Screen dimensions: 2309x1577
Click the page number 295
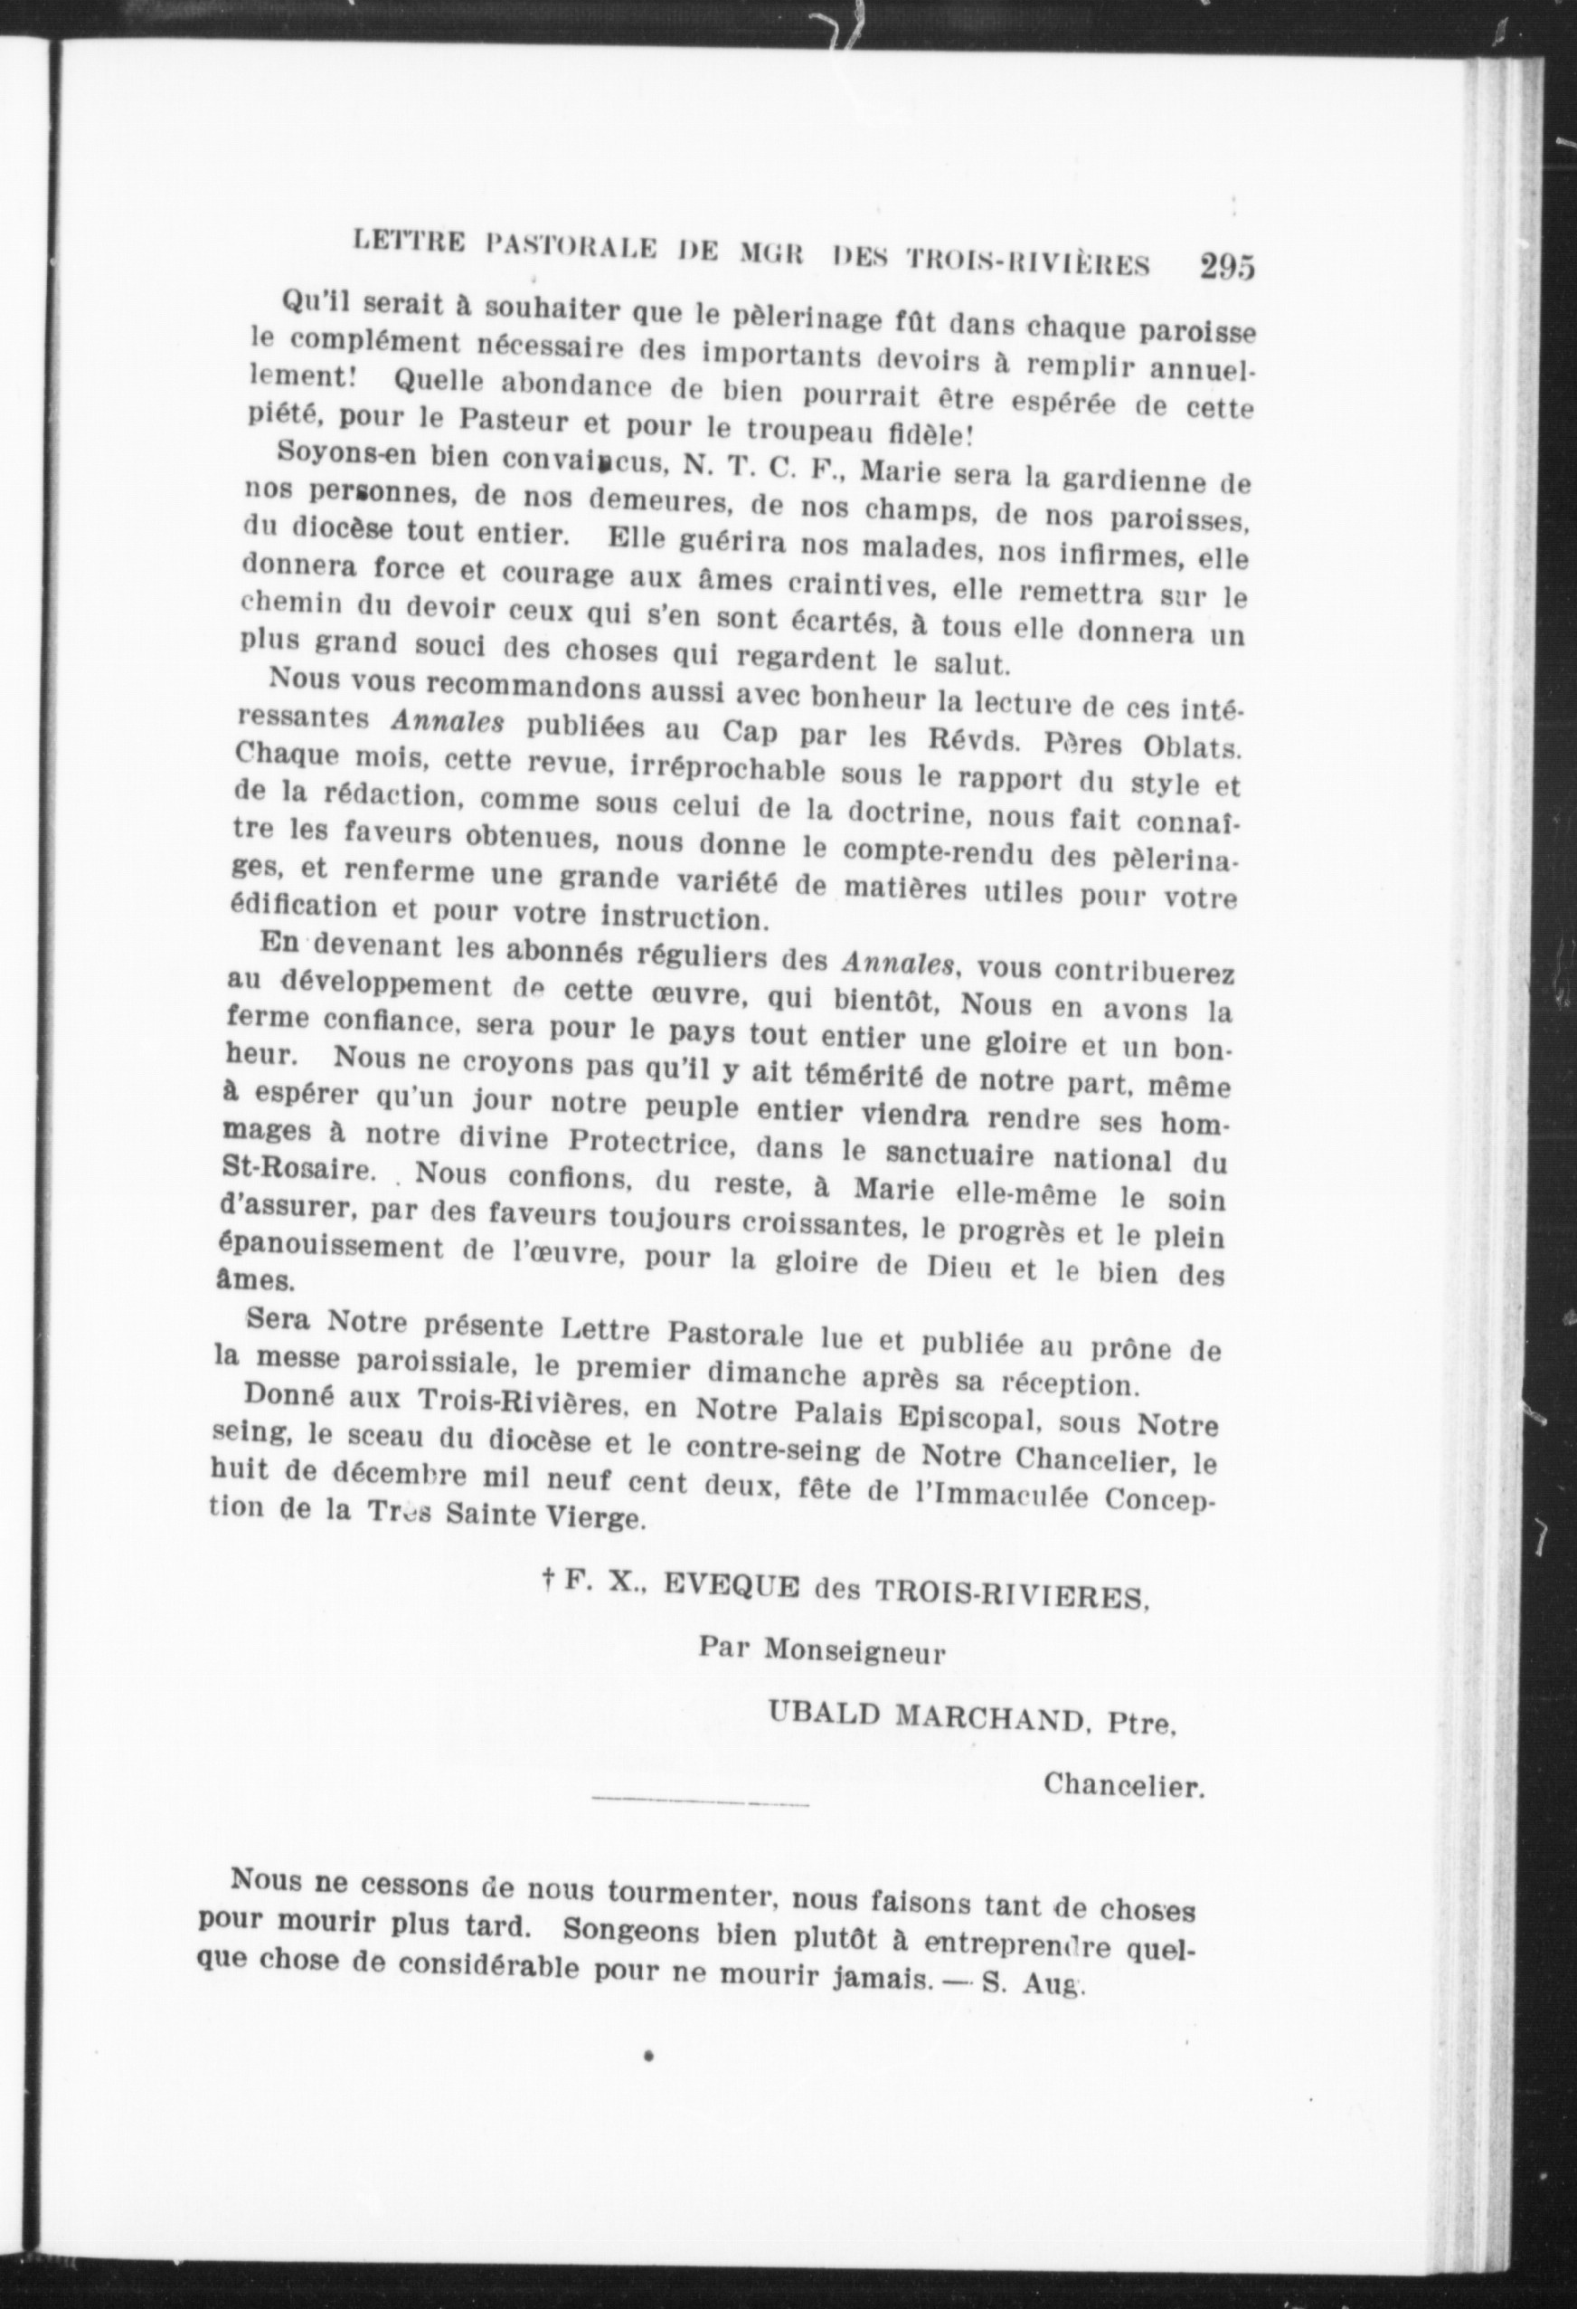[x=1226, y=267]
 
